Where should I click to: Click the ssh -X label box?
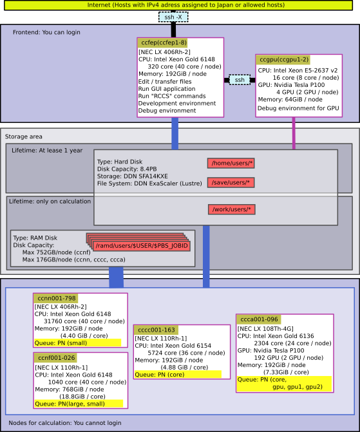tap(173, 17)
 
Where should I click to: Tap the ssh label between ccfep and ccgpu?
tap(240, 80)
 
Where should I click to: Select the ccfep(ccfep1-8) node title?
tap(163, 42)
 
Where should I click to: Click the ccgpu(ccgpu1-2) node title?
tap(283, 59)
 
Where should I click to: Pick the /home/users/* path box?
tap(231, 163)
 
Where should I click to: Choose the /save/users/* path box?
tap(231, 182)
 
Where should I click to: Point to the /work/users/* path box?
tap(232, 209)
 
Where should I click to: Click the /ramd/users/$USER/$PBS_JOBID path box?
tap(142, 246)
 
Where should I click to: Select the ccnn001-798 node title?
tap(56, 298)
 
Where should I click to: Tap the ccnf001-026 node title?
tap(55, 357)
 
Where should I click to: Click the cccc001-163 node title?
tap(156, 330)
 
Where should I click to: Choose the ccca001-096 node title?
tap(258, 319)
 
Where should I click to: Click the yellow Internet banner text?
tap(185, 5)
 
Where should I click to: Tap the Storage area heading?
tap(23, 136)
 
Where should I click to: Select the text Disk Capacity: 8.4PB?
tap(127, 169)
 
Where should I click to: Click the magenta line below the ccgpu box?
tap(294, 133)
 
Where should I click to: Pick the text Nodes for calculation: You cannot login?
tap(65, 423)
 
